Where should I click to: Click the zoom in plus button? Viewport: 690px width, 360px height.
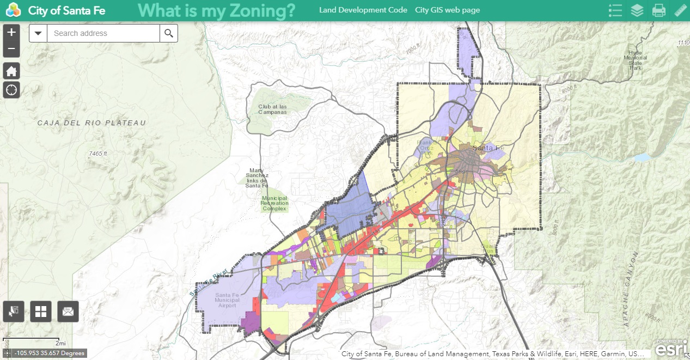click(11, 33)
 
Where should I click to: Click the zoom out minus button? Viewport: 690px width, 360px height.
click(11, 49)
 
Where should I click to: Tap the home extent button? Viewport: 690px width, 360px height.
click(11, 71)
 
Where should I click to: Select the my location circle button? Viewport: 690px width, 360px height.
click(11, 90)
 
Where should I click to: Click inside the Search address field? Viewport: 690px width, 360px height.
click(103, 33)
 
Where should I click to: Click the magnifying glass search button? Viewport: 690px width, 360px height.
click(169, 33)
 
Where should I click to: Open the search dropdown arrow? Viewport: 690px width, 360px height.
click(38, 33)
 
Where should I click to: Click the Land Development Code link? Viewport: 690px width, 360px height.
click(363, 10)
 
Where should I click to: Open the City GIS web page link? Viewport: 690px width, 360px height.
click(447, 10)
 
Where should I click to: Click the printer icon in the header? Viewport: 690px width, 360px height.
click(659, 10)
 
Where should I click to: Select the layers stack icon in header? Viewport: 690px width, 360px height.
click(637, 10)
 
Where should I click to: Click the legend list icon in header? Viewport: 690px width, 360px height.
click(615, 10)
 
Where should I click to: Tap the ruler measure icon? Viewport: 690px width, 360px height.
click(680, 10)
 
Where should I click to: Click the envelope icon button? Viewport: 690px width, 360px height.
click(68, 312)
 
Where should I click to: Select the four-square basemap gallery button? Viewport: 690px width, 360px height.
click(41, 312)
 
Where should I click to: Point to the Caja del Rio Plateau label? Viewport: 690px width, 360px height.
click(91, 123)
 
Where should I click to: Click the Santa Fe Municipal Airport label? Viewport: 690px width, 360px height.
click(227, 300)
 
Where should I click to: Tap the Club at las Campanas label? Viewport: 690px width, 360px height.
click(272, 109)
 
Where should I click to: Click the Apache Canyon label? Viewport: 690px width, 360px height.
click(630, 289)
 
